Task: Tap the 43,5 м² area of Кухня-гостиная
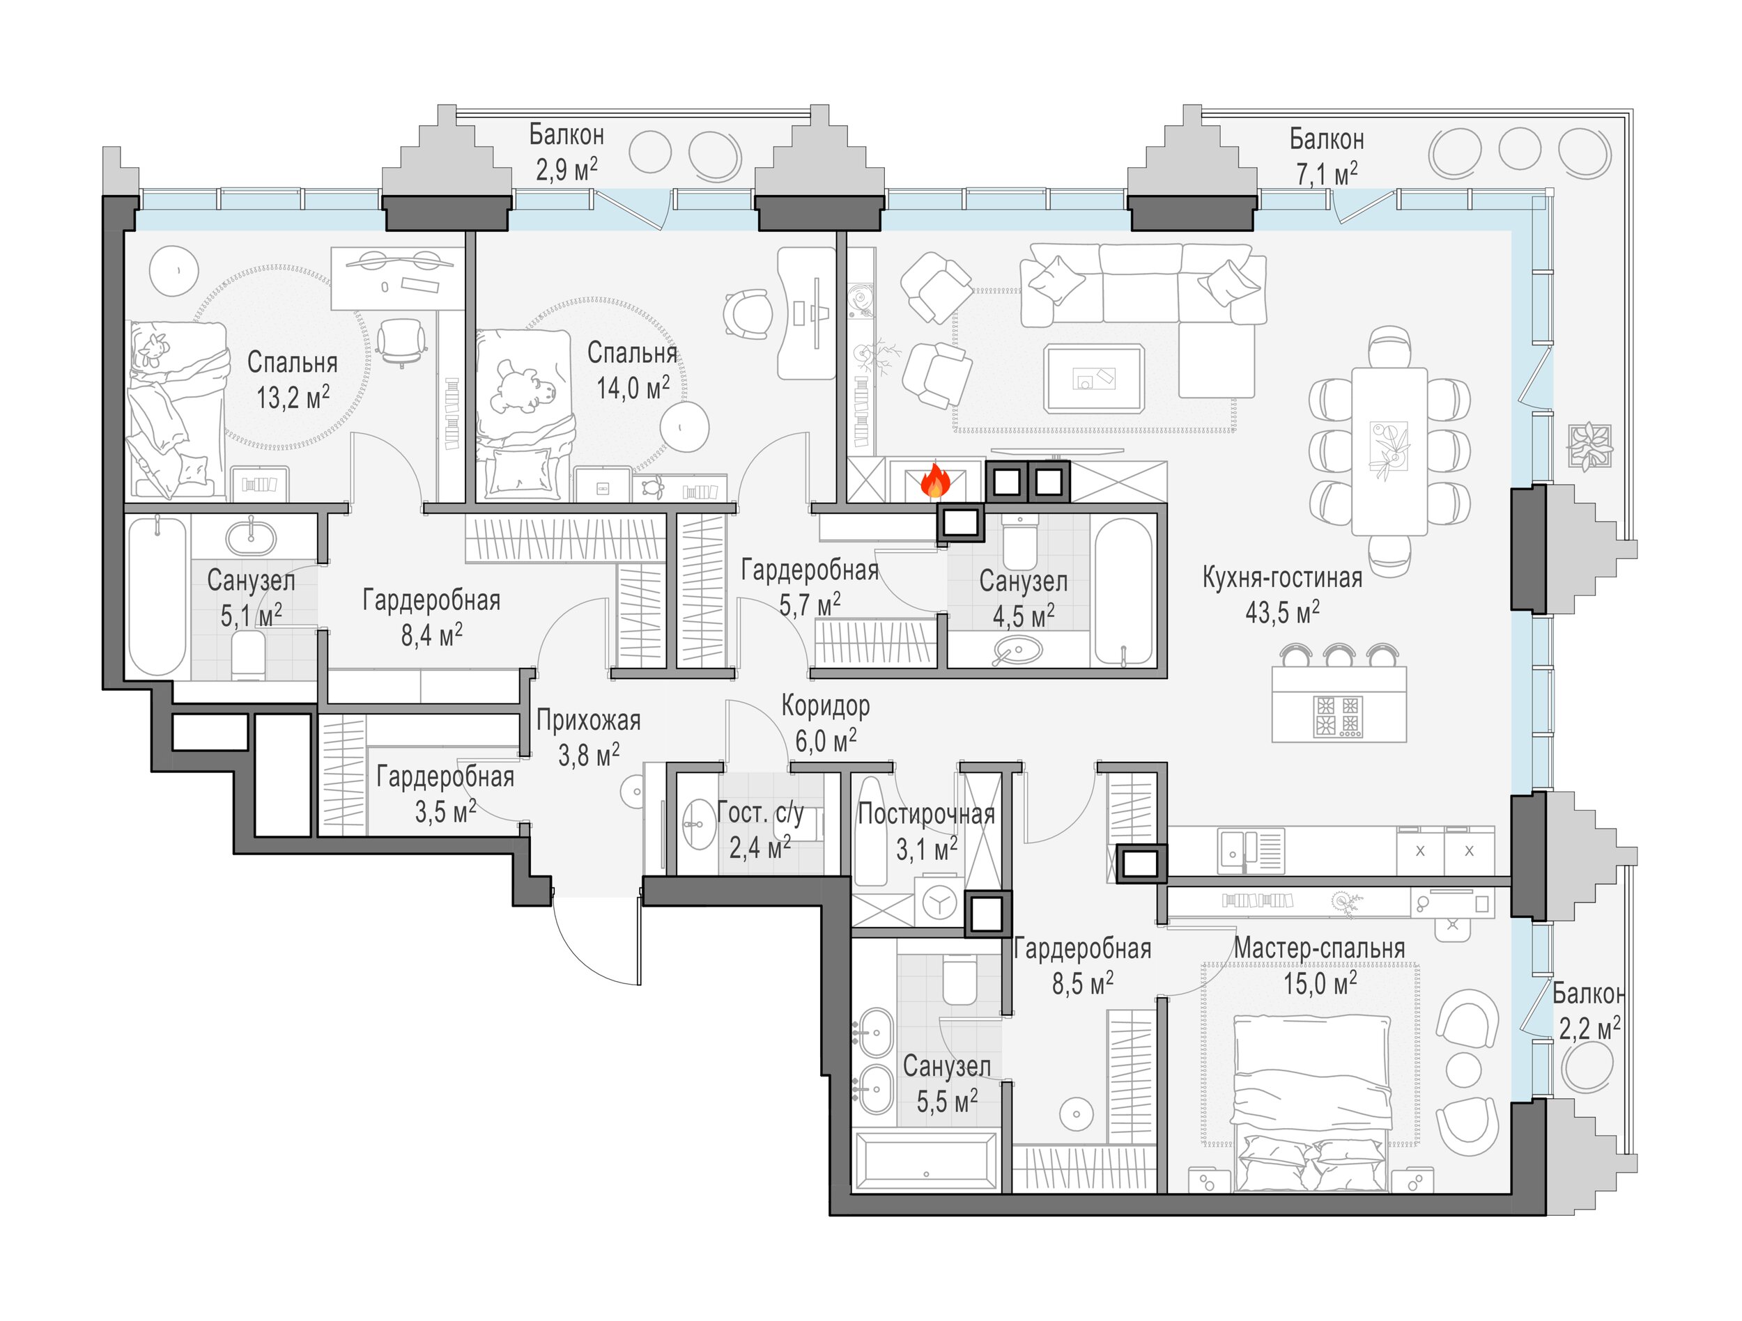[x=1282, y=611]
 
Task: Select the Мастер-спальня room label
[x=1319, y=948]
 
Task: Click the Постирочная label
[x=926, y=813]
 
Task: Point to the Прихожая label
[x=588, y=719]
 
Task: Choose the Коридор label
[x=825, y=706]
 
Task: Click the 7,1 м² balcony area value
[x=1327, y=173]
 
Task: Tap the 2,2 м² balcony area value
[x=1589, y=1027]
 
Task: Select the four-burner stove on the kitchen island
[x=1337, y=716]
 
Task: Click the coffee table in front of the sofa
[x=1093, y=378]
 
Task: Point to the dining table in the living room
[x=1389, y=451]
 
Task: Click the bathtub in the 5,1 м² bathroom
[x=157, y=596]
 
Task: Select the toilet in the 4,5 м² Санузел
[x=1021, y=542]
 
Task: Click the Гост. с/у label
[x=761, y=813]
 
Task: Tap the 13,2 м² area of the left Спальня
[x=292, y=397]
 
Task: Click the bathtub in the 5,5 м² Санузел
[x=926, y=1162]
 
